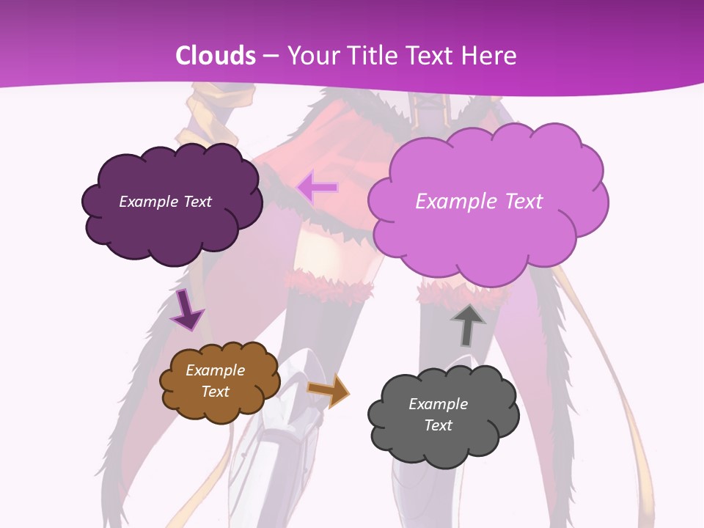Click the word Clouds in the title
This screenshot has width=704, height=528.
216,56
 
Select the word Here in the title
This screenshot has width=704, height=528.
491,56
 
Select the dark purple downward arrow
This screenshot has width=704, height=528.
186,309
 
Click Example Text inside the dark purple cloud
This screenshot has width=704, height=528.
165,202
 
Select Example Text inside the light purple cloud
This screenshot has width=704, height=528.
479,202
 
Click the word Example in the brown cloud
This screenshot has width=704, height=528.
215,370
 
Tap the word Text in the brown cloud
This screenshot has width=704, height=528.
215,392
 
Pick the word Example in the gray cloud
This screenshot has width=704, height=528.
438,404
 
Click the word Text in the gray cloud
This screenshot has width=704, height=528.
438,425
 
